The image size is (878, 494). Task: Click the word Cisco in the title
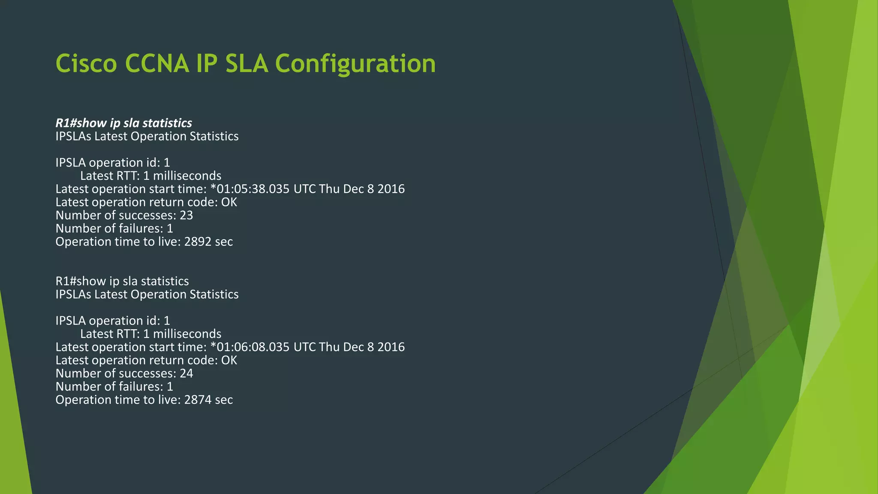click(x=86, y=63)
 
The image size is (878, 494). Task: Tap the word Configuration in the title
click(x=355, y=63)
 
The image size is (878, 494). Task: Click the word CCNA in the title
click(x=157, y=63)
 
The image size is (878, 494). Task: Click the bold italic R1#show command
click(x=81, y=123)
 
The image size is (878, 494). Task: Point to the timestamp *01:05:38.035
click(x=250, y=189)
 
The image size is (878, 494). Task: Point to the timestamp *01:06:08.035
click(x=250, y=347)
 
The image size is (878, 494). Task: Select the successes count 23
click(x=186, y=215)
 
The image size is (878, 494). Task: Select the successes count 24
click(x=186, y=374)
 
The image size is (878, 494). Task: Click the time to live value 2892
click(x=198, y=242)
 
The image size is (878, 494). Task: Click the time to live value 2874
click(x=198, y=400)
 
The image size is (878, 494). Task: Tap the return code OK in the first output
click(x=229, y=202)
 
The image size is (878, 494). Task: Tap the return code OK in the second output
click(x=229, y=360)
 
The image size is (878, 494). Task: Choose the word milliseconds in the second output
click(x=187, y=334)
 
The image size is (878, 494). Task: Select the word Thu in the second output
click(x=329, y=347)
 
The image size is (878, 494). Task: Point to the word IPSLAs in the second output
click(x=73, y=295)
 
